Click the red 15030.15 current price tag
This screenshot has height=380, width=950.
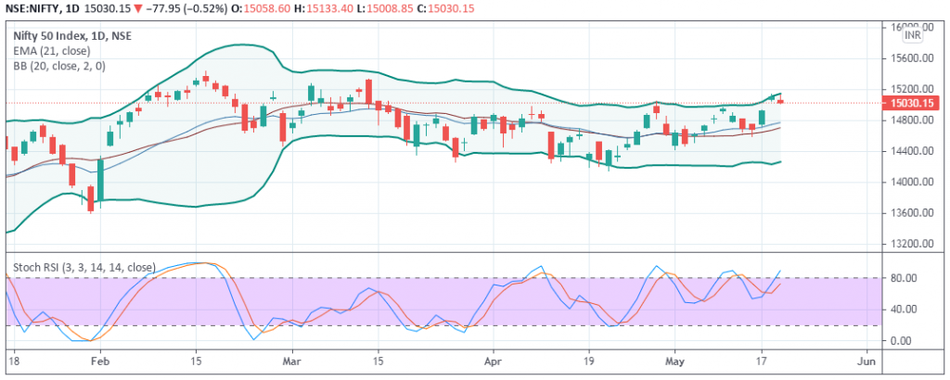pos(912,104)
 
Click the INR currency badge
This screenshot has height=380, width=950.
pos(913,34)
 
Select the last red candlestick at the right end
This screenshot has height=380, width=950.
pos(779,100)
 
